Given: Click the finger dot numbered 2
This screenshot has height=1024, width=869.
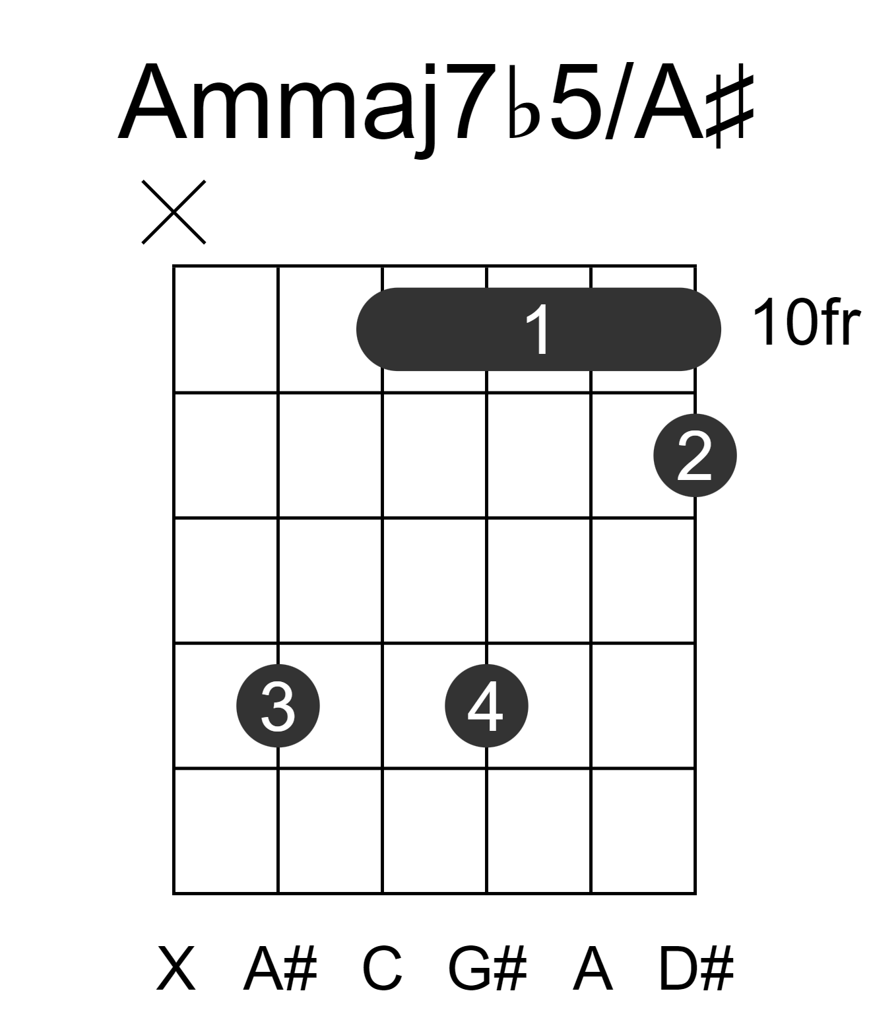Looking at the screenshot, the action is (x=695, y=456).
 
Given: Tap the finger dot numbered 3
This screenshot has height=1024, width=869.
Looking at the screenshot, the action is (x=278, y=706).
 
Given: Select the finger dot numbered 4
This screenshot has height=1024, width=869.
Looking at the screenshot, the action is (x=486, y=706).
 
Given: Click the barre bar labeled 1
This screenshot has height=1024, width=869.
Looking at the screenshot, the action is (x=538, y=329).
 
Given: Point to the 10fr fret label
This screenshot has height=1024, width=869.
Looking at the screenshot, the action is (x=806, y=323).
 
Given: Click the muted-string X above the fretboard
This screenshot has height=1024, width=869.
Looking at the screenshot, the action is (x=174, y=212).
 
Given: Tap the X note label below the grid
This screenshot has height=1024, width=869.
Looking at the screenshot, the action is (x=176, y=968).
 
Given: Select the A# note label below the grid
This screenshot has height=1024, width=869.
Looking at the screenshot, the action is (x=280, y=968).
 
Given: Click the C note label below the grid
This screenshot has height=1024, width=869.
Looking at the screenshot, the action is (x=382, y=968).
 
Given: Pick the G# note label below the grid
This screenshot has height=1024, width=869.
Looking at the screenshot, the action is (x=487, y=968).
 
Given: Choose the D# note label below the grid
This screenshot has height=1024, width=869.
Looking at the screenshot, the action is (x=695, y=968).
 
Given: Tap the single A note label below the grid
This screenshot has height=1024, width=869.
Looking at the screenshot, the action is (x=593, y=968).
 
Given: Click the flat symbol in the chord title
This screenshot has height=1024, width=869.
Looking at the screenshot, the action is (x=524, y=102).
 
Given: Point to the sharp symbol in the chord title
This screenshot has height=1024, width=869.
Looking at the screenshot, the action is (x=729, y=105).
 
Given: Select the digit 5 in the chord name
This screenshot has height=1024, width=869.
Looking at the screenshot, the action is (x=575, y=102).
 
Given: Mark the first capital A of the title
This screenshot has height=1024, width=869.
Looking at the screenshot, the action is (x=152, y=101).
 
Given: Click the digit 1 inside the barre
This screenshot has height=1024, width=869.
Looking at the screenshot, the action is (x=538, y=329).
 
